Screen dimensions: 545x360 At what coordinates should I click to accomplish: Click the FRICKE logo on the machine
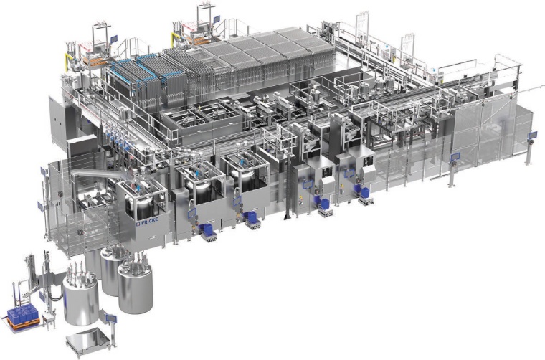click(148, 220)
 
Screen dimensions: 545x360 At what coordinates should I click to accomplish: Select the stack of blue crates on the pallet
click(23, 313)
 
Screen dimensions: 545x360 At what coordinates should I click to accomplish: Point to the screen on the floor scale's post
click(111, 317)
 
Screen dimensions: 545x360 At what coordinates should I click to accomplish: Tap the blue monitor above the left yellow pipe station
click(114, 39)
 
